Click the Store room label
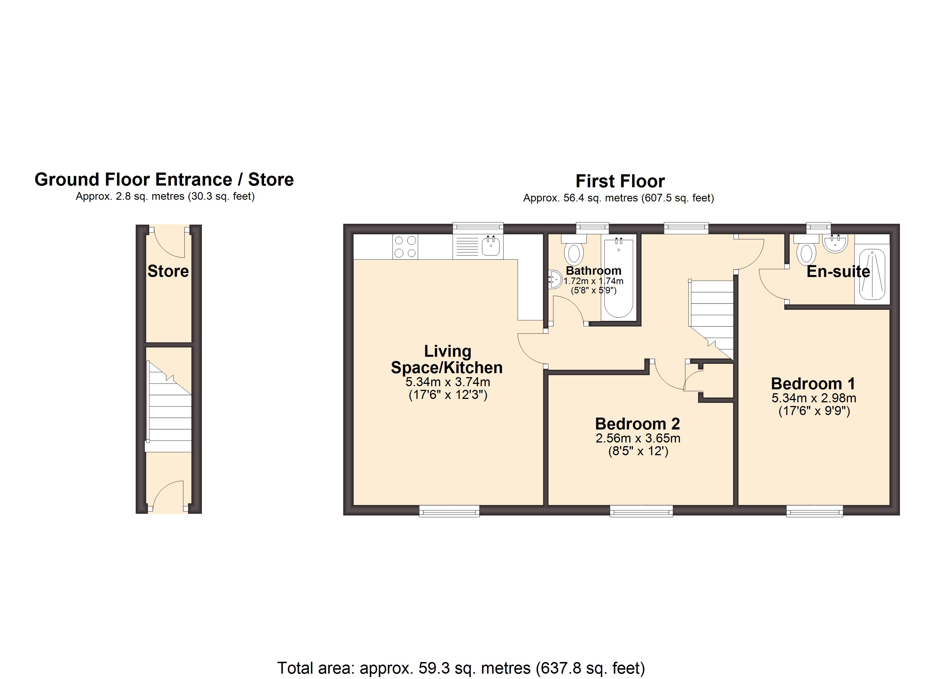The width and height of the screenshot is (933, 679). (168, 271)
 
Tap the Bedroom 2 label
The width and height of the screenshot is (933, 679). (638, 424)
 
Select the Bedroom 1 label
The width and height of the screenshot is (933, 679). (813, 384)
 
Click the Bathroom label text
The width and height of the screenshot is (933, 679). (594, 270)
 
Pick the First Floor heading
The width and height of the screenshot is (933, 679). (620, 181)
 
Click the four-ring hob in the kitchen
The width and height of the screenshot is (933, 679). (405, 246)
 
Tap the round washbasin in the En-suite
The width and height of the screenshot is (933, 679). (835, 243)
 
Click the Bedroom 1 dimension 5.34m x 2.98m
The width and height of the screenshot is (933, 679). (814, 398)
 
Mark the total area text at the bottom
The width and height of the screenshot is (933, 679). (461, 668)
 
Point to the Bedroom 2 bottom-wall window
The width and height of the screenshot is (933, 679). (641, 511)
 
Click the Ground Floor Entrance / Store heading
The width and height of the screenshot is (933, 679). (164, 180)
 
